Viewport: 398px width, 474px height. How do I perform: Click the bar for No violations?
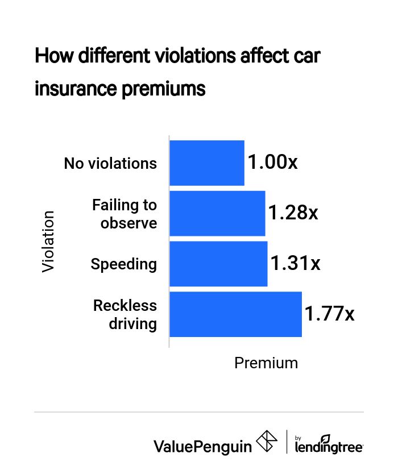point(207,163)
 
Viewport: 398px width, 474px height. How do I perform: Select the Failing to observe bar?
point(217,214)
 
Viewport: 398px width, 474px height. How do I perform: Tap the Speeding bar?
point(218,264)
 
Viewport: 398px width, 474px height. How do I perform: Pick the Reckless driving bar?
point(235,314)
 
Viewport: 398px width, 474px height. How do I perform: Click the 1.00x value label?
point(272,163)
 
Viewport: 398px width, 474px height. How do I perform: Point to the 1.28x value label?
point(293,213)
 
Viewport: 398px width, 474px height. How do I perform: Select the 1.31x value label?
point(295,264)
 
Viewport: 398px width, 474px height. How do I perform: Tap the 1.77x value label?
point(329,314)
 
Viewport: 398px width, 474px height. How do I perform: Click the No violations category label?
point(110,164)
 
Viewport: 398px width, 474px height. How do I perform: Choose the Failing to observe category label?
point(125,214)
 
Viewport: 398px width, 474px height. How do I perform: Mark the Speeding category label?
point(123,264)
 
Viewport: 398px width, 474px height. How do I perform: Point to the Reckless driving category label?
point(125,314)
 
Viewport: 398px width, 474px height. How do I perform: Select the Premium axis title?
point(266,363)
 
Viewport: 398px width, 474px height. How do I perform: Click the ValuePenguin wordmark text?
point(202,446)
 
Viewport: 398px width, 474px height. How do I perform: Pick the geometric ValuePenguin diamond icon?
point(268,442)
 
